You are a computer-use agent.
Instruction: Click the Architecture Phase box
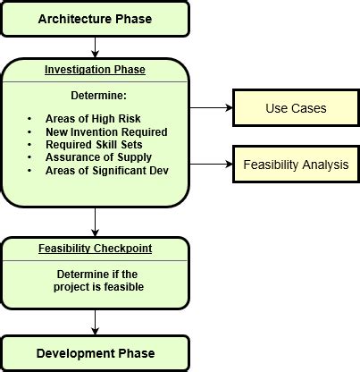(95, 19)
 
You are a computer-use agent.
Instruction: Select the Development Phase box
(95, 353)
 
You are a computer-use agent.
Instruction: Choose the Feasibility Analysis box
(296, 165)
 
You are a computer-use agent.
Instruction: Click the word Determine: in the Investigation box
(96, 96)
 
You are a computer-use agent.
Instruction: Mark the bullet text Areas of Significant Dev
(106, 170)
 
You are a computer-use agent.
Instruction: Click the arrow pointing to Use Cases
(210, 109)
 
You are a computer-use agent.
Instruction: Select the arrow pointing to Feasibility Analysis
(210, 165)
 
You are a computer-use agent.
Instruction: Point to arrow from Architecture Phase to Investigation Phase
(95, 47)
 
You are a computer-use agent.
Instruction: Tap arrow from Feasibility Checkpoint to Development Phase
(95, 321)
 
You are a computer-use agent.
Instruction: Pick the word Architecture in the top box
(73, 19)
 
